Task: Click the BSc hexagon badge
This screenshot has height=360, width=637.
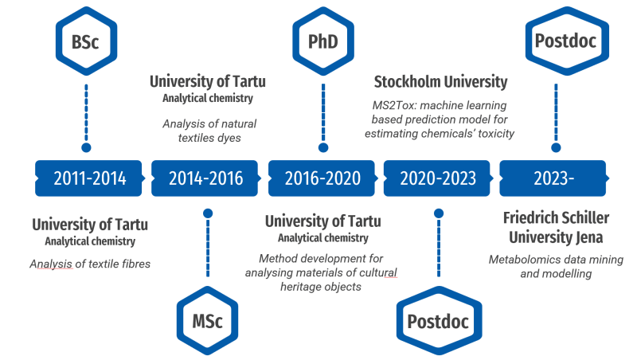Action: pyautogui.click(x=86, y=41)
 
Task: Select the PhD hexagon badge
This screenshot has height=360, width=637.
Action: pyautogui.click(x=323, y=41)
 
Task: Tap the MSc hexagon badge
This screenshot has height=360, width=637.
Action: pyautogui.click(x=207, y=321)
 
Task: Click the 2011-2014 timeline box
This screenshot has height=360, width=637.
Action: pyautogui.click(x=89, y=178)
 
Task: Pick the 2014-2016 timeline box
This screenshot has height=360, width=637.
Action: pyautogui.click(x=205, y=178)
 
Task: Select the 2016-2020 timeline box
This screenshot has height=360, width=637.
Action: pyautogui.click(x=322, y=178)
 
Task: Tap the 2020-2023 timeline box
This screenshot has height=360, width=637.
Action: pyautogui.click(x=438, y=178)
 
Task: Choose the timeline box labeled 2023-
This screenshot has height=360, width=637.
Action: pyautogui.click(x=553, y=178)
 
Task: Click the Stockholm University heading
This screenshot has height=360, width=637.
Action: pyautogui.click(x=441, y=82)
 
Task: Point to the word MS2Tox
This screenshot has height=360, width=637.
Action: pyautogui.click(x=394, y=105)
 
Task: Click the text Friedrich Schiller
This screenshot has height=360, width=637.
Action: pyautogui.click(x=556, y=217)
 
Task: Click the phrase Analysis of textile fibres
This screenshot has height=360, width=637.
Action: pyautogui.click(x=90, y=264)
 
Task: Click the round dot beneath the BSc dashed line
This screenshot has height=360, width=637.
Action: pyautogui.click(x=86, y=147)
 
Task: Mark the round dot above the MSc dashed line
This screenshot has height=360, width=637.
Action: pyautogui.click(x=208, y=213)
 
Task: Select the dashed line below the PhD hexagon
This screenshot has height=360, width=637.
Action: pyautogui.click(x=323, y=112)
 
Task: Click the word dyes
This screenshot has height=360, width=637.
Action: pyautogui.click(x=229, y=138)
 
